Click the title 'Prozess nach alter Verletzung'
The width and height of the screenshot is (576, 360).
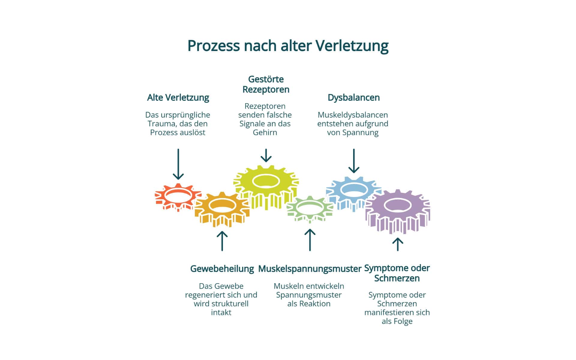[288, 46]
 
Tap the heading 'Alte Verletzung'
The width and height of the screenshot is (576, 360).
[178, 97]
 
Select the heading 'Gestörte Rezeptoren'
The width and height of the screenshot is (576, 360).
[266, 84]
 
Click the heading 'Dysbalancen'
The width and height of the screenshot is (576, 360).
[353, 97]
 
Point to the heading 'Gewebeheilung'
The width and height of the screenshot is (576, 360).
[222, 268]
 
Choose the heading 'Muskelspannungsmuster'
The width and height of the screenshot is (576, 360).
[310, 268]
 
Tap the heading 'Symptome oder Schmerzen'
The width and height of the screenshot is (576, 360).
[397, 273]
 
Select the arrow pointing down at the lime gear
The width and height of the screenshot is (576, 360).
[266, 155]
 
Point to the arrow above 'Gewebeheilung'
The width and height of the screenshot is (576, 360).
[222, 241]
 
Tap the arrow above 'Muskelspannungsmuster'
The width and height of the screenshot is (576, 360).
[310, 240]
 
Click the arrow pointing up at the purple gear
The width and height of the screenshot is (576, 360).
[398, 244]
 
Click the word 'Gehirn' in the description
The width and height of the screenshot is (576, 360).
[265, 132]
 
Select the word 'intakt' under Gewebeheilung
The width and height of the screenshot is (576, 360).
[221, 312]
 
